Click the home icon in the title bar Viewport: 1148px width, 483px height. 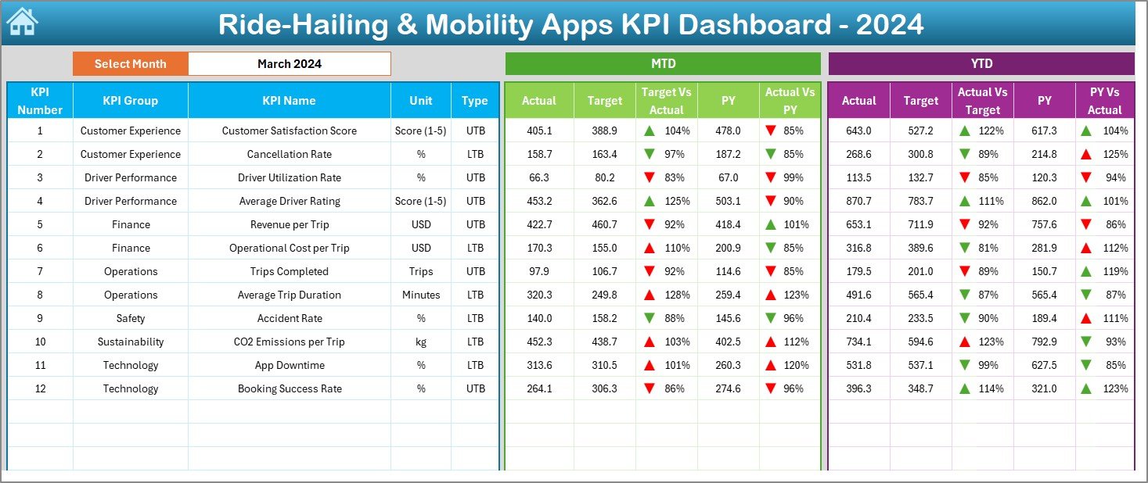(x=22, y=23)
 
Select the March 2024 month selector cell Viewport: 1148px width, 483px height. (x=290, y=64)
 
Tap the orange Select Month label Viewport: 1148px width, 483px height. (x=130, y=64)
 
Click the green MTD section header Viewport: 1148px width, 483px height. (x=663, y=63)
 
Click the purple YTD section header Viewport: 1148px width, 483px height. (x=981, y=63)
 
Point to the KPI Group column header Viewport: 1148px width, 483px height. (x=130, y=100)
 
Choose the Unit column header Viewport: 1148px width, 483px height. (x=421, y=100)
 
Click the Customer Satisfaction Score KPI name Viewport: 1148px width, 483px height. (x=290, y=131)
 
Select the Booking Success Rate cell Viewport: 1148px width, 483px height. (x=290, y=388)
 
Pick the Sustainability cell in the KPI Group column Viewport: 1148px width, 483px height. (x=131, y=342)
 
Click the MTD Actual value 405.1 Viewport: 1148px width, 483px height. (x=539, y=131)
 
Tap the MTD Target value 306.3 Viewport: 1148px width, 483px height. (x=604, y=388)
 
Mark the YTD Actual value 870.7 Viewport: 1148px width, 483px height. (x=858, y=201)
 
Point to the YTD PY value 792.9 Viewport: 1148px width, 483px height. (x=1044, y=342)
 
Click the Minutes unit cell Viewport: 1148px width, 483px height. (x=421, y=295)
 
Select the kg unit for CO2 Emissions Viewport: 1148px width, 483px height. (x=421, y=342)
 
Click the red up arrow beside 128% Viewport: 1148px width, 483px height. (x=649, y=295)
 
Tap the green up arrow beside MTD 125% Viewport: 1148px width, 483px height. (x=649, y=201)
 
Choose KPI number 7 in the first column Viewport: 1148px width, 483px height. (x=40, y=271)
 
